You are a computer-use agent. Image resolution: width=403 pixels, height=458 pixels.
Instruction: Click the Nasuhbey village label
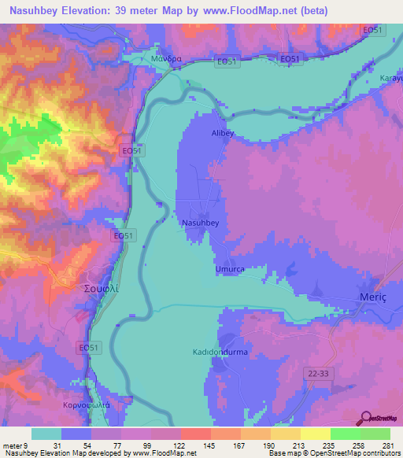tap(200, 223)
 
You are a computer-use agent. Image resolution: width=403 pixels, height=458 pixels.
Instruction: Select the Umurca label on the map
tap(231, 269)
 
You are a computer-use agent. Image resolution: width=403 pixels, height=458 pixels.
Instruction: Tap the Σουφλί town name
tap(101, 289)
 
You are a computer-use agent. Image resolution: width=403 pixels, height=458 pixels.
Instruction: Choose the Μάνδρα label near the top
tap(166, 59)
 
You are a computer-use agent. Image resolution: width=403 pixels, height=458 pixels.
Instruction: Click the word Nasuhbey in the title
tap(35, 10)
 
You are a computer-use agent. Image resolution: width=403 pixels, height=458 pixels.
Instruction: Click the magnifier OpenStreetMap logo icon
tap(366, 419)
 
